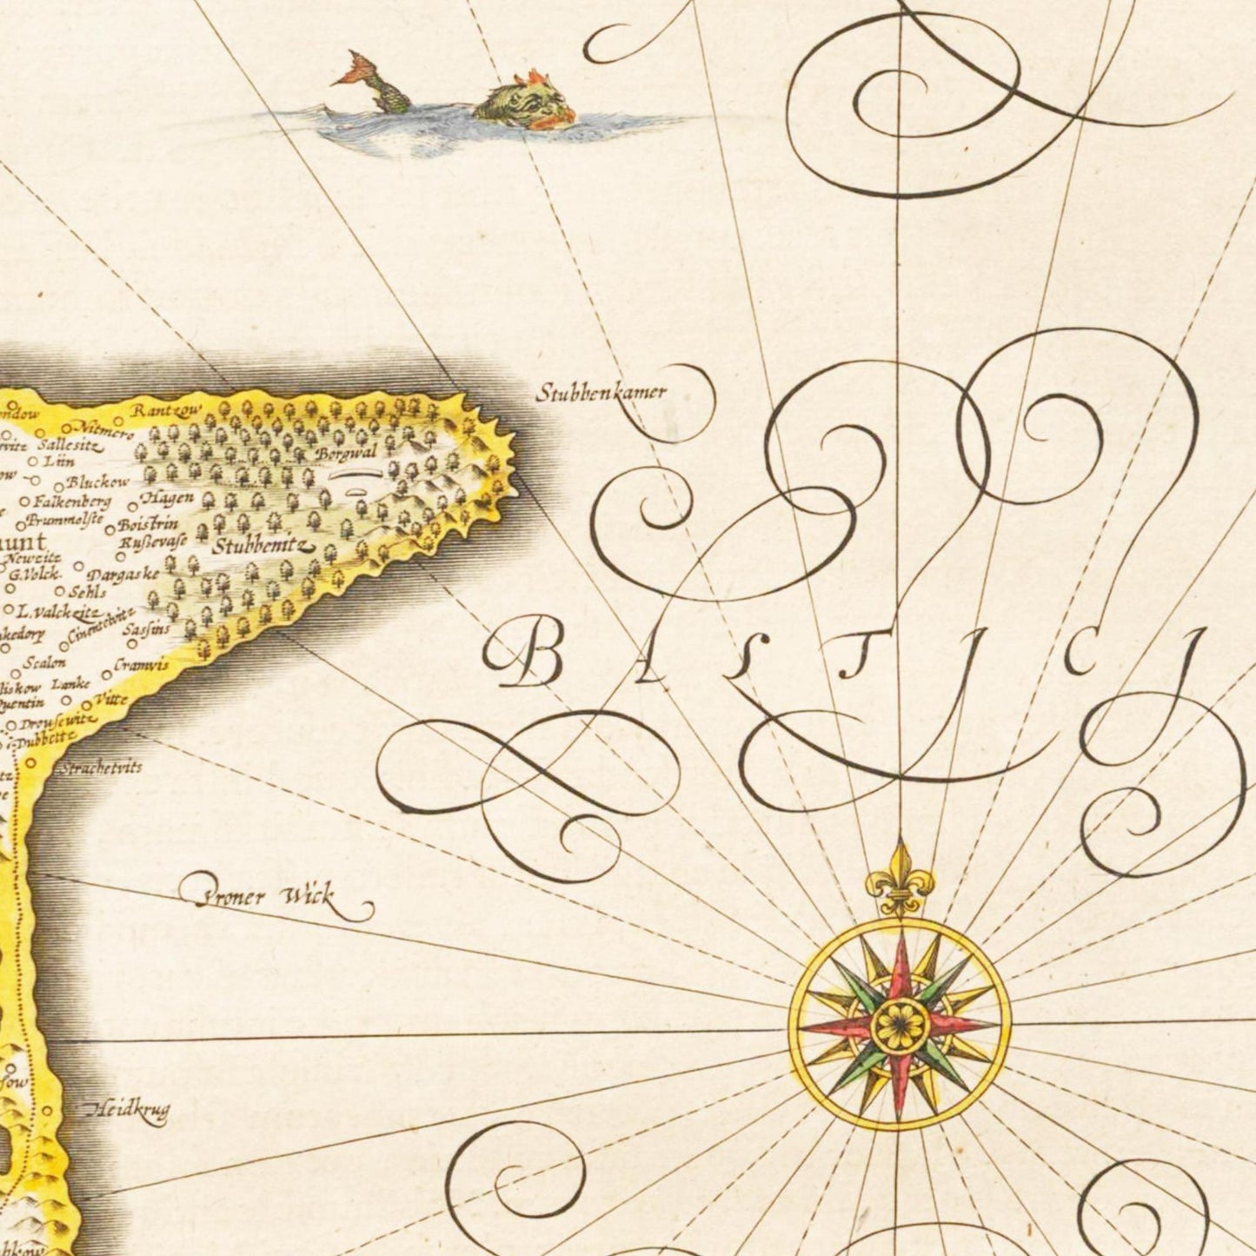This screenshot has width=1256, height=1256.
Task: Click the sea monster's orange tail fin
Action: pyautogui.click(x=356, y=69)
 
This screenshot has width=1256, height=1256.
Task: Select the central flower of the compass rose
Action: pyautogui.click(x=900, y=1025)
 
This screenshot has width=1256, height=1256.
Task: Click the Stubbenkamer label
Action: pyautogui.click(x=601, y=392)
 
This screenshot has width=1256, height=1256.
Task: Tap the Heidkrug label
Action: pyautogui.click(x=127, y=1109)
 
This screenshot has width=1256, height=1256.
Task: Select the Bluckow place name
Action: pyautogui.click(x=97, y=481)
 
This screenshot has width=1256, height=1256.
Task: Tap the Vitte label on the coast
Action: pyautogui.click(x=113, y=699)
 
